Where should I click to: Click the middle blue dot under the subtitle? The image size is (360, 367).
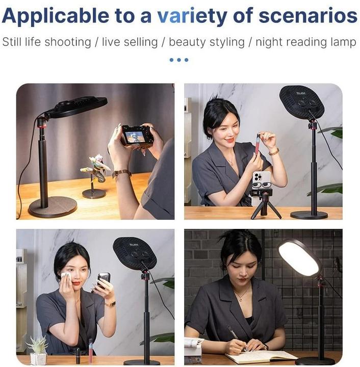tap(178, 60)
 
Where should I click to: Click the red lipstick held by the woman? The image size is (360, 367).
tap(258, 144)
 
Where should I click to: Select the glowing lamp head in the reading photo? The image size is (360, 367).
tap(299, 257)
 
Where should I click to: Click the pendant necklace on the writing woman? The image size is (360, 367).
tap(242, 295)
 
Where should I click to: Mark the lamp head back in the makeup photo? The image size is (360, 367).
tap(134, 252)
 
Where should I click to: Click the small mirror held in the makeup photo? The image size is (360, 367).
tap(104, 278)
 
